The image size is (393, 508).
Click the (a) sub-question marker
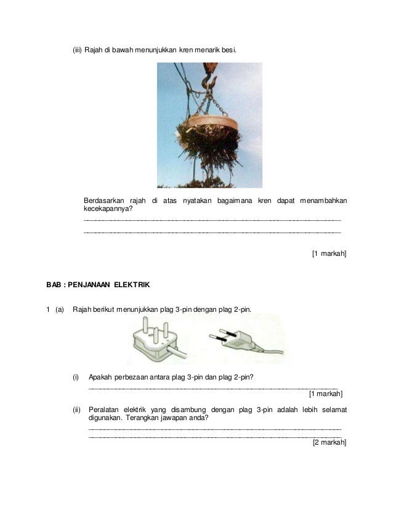pyautogui.click(x=59, y=309)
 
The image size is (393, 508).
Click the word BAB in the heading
pyautogui.click(x=54, y=285)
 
